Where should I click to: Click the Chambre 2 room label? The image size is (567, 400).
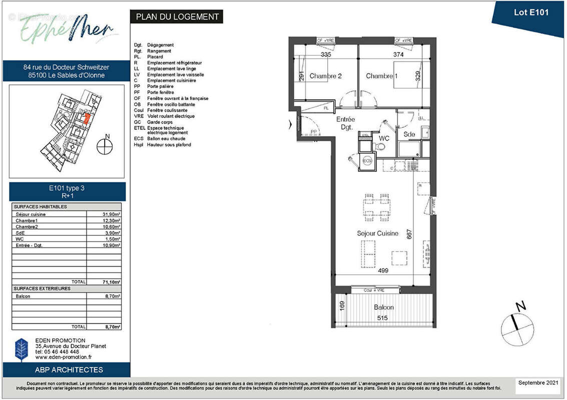pyautogui.click(x=325, y=76)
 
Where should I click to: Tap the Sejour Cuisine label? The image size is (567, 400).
pyautogui.click(x=377, y=233)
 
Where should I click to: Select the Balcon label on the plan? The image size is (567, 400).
pyautogui.click(x=383, y=307)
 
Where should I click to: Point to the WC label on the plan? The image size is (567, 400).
pyautogui.click(x=384, y=137)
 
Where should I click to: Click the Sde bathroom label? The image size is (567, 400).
pyautogui.click(x=409, y=134)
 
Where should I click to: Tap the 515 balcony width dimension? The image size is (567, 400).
pyautogui.click(x=382, y=317)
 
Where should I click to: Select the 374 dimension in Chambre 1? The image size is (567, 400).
pyautogui.click(x=398, y=54)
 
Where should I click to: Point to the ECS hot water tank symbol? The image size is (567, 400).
pyautogui.click(x=367, y=160)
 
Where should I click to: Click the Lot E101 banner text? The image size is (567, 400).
pyautogui.click(x=531, y=12)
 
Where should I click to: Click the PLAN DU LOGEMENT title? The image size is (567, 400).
pyautogui.click(x=177, y=16)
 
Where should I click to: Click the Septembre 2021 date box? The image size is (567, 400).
pyautogui.click(x=538, y=382)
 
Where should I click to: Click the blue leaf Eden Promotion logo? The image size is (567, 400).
pyautogui.click(x=22, y=349)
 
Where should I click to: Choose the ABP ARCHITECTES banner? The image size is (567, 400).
pyautogui.click(x=69, y=370)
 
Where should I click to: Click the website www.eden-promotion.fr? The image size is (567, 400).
pyautogui.click(x=64, y=357)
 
